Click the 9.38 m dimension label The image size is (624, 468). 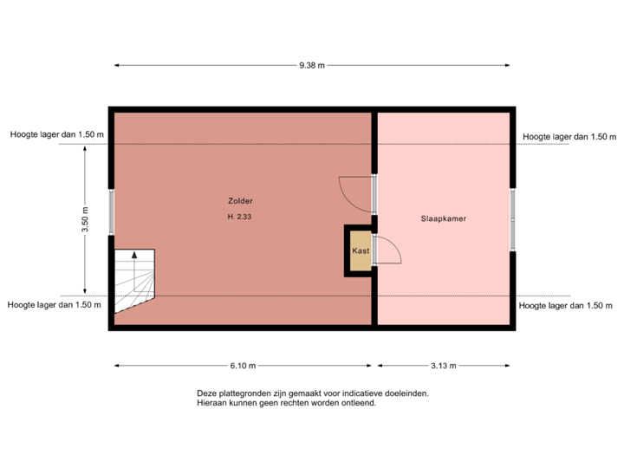coord(311,65)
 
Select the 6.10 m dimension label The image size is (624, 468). coord(244,366)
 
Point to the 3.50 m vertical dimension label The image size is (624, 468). coord(85,219)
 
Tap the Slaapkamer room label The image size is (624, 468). coord(444,219)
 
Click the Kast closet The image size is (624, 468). coord(361,250)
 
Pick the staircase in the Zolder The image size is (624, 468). coord(134,279)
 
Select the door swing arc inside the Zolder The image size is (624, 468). coord(354,192)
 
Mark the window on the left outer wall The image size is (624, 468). coord(111,211)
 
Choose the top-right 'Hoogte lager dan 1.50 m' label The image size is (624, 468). coord(569,136)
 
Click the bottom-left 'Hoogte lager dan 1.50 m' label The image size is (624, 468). coord(55,305)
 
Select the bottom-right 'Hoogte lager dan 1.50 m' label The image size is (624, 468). coord(567,305)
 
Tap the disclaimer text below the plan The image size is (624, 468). coord(313,398)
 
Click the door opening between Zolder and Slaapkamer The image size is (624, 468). coord(374,194)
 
